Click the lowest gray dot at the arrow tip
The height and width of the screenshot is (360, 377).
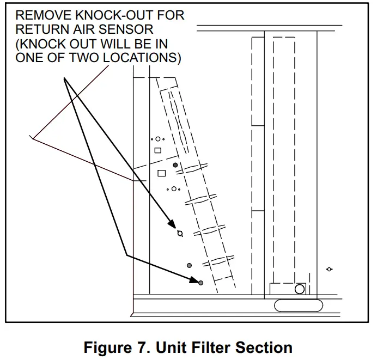(x=200, y=283)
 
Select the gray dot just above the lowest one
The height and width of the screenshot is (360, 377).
(x=190, y=265)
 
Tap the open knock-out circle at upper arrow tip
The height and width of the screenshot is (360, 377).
(x=179, y=233)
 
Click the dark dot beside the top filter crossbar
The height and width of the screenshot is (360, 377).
(x=175, y=164)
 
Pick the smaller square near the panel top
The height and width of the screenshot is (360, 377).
(x=158, y=150)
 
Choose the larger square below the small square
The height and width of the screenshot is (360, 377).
(x=161, y=173)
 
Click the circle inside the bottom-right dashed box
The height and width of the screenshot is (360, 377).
(x=299, y=289)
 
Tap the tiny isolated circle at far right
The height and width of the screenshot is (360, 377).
(x=329, y=269)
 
